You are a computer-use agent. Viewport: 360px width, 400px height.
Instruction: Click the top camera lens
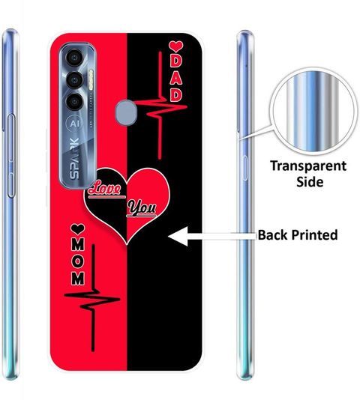click(x=74, y=58)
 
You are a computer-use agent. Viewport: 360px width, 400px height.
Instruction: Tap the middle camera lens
click(x=74, y=80)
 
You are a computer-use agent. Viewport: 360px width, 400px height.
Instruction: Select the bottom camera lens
click(x=74, y=102)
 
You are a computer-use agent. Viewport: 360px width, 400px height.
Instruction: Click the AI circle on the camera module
click(x=74, y=124)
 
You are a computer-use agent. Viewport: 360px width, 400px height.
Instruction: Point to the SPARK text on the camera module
click(x=75, y=158)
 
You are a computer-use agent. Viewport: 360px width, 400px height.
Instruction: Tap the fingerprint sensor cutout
click(x=125, y=112)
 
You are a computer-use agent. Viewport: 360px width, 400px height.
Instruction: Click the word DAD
click(x=176, y=79)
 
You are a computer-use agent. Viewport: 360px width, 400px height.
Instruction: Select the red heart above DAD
click(x=175, y=47)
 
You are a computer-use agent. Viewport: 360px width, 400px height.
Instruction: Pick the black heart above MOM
click(x=78, y=228)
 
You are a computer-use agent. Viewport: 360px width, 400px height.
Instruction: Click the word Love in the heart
click(x=105, y=190)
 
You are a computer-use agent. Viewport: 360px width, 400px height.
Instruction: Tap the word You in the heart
click(x=142, y=207)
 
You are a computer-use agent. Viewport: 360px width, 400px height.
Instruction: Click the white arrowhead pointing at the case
click(x=178, y=237)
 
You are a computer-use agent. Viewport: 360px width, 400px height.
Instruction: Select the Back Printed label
click(x=298, y=235)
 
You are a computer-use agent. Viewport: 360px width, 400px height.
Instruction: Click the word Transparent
click(x=308, y=166)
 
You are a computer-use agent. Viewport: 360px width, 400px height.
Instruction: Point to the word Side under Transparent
click(x=310, y=182)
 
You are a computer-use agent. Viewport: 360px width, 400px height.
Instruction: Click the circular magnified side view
click(x=313, y=111)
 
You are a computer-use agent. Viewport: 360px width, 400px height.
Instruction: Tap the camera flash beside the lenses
click(x=91, y=79)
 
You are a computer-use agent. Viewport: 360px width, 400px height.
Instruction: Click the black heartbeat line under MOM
click(x=92, y=298)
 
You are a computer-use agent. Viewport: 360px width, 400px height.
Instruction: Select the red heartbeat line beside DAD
click(x=160, y=106)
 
